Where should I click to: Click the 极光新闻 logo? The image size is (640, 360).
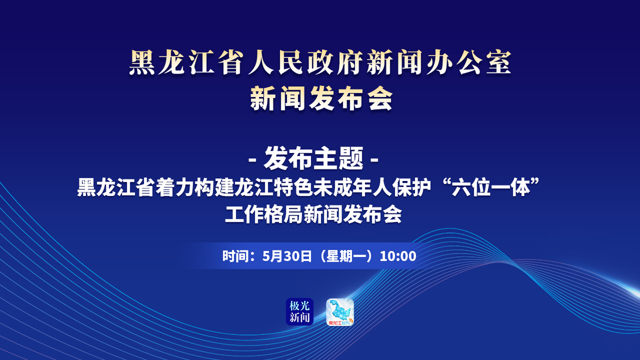pos(300,312)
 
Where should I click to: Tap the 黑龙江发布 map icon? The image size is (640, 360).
pos(340,312)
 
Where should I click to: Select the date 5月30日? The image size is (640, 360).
pos(287,256)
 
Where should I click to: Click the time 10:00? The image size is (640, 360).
pos(398,256)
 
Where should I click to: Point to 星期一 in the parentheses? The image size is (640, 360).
pos(345,256)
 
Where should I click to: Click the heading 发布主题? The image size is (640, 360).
pos(314,159)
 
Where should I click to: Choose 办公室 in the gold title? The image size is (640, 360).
pos(469,63)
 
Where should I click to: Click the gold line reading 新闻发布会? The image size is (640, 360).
pos(321,98)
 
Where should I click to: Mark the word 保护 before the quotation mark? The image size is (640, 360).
pos(412,188)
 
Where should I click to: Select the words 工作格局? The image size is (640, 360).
pos(264,214)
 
